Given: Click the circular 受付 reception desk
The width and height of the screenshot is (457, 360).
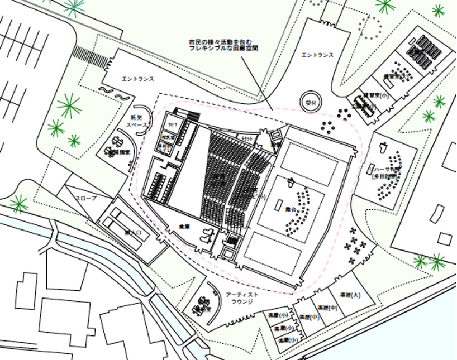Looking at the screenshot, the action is pyautogui.click(x=311, y=102).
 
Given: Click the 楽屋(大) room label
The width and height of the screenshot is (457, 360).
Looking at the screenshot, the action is pyautogui.click(x=340, y=295).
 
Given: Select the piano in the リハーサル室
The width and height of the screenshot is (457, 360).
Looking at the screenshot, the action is pyautogui.click(x=383, y=147).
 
